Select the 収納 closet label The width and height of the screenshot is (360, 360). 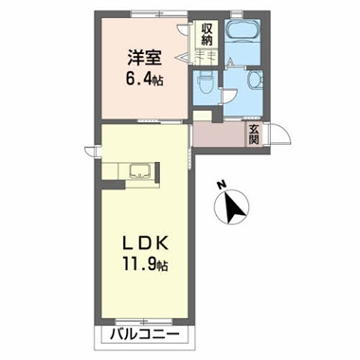coord(207,35)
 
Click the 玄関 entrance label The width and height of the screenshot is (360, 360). coord(255,135)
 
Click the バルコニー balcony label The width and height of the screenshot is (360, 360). coord(141,336)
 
